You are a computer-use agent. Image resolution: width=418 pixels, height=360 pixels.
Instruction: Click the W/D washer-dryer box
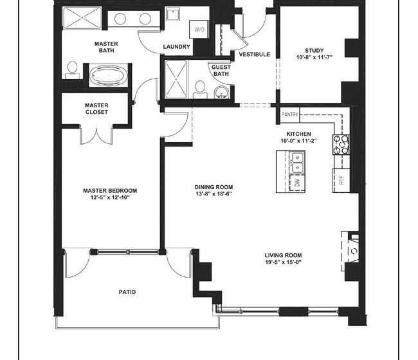click(199, 30)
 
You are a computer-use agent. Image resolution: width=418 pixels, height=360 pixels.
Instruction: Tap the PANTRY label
click(290, 114)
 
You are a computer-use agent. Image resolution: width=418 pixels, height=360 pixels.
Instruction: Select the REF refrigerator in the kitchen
click(341, 180)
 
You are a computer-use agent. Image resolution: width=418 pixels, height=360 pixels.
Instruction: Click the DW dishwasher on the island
click(297, 183)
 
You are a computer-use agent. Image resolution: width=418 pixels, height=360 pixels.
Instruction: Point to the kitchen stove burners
click(341, 145)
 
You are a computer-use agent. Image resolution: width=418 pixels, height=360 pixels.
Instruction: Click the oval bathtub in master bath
click(108, 75)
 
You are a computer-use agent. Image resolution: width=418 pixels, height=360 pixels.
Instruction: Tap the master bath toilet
click(72, 70)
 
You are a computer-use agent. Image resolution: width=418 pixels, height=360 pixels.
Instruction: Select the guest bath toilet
click(200, 90)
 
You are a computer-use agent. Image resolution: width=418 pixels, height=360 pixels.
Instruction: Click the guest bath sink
click(221, 92)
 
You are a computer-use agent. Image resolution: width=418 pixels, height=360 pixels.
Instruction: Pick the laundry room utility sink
click(173, 14)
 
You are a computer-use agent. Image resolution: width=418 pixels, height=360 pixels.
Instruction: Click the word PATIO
click(127, 292)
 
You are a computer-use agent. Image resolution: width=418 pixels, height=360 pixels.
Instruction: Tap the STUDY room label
click(314, 51)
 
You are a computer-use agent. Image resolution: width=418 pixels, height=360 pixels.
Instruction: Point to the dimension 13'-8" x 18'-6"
click(214, 194)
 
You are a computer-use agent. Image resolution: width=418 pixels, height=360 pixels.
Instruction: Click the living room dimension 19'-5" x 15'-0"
click(283, 262)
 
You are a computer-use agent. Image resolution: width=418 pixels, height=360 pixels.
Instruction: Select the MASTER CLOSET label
click(96, 109)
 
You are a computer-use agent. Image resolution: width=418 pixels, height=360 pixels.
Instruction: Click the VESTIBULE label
click(254, 55)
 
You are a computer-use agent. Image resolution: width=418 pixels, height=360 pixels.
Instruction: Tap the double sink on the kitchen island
click(297, 163)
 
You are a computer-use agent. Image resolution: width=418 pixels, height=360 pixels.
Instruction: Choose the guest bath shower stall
click(176, 79)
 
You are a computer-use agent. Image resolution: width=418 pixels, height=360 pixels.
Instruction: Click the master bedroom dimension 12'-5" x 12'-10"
click(110, 198)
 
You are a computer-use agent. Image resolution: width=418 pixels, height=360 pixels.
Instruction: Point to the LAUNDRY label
click(176, 47)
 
